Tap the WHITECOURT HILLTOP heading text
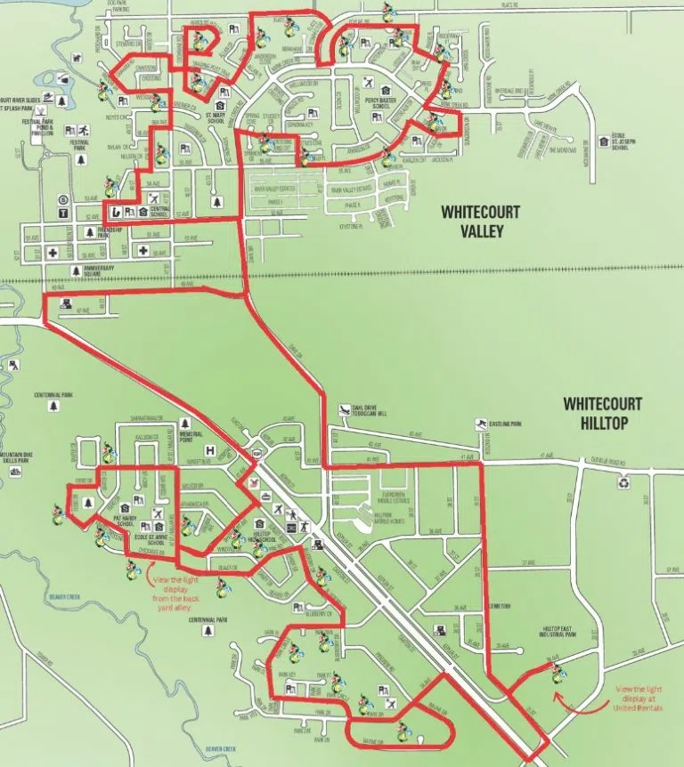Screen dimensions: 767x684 click(602, 412)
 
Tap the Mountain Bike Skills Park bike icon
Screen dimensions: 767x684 click(15, 472)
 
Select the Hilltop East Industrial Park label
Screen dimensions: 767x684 click(561, 634)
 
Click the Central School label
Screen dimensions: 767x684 click(159, 214)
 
